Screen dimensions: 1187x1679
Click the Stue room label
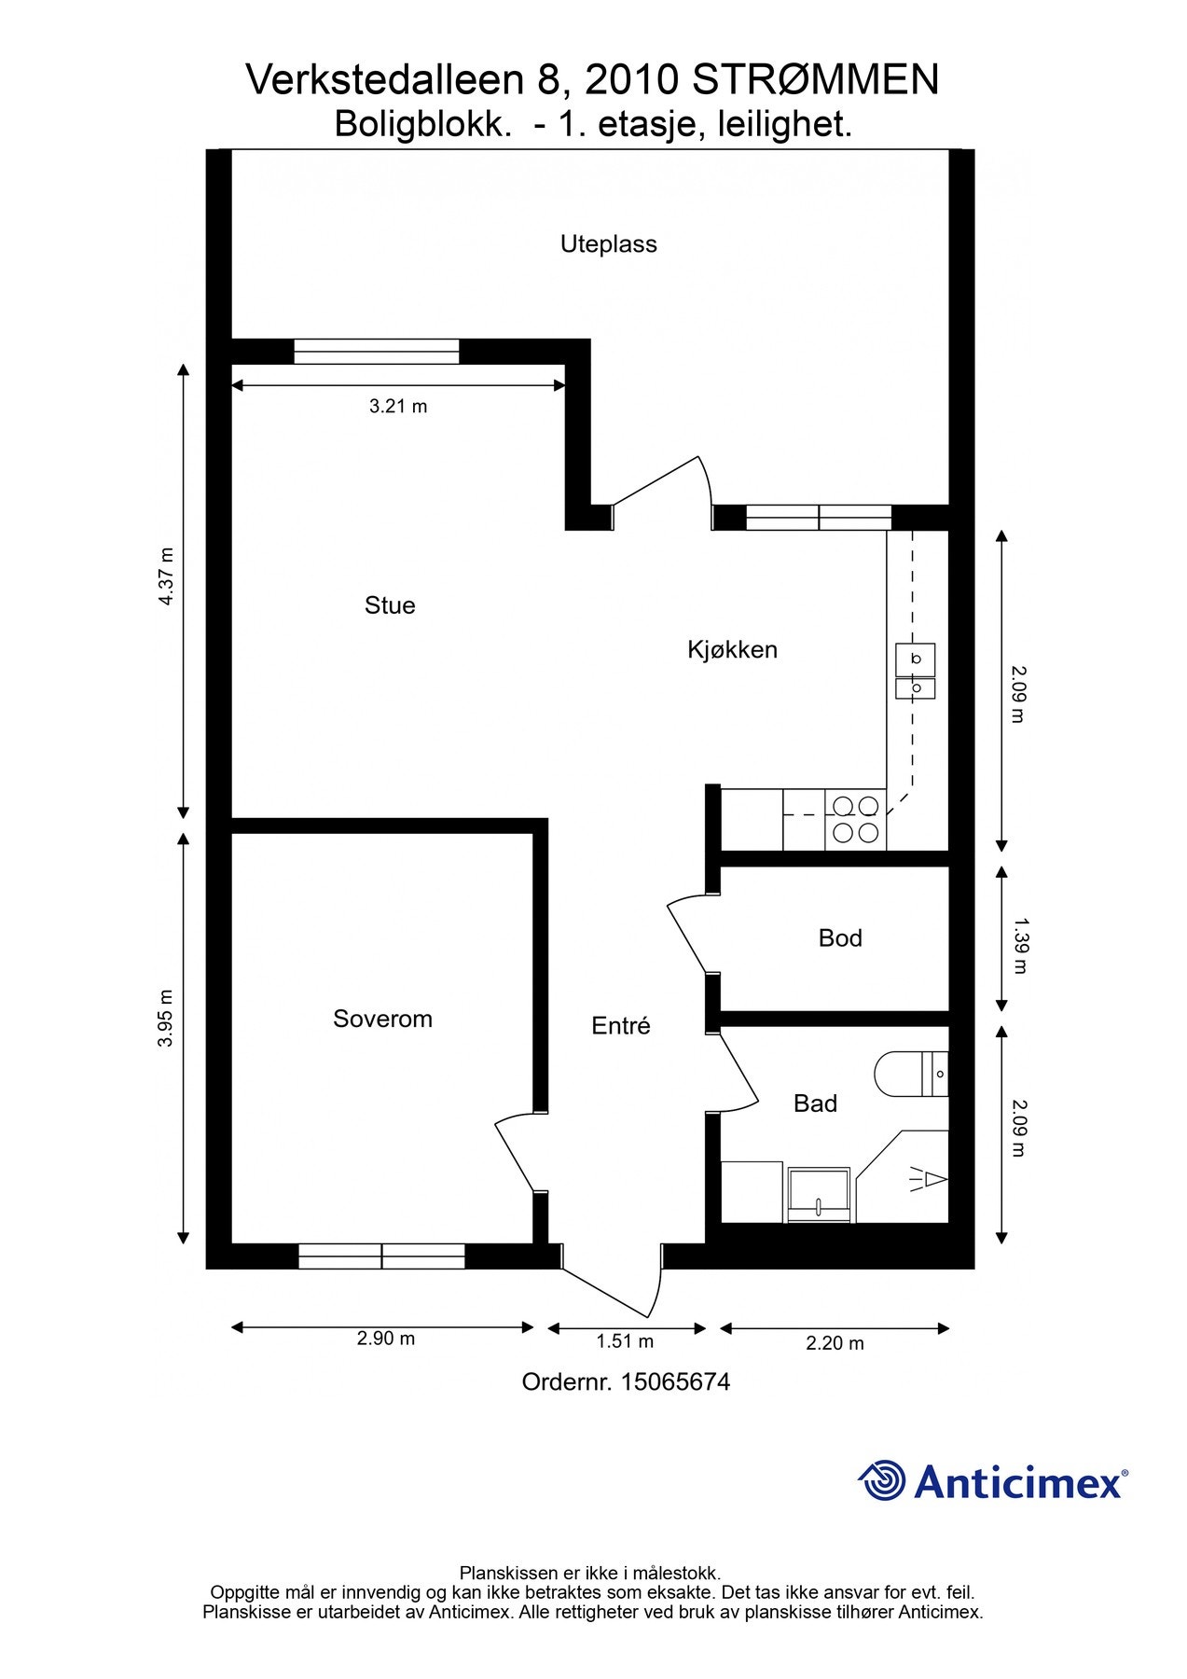(x=390, y=605)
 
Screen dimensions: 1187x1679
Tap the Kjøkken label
(x=732, y=649)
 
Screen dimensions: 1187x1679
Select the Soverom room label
(x=382, y=1019)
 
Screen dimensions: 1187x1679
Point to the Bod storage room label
(x=840, y=938)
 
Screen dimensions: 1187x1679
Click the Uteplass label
(x=608, y=244)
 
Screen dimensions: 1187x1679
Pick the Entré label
(x=620, y=1026)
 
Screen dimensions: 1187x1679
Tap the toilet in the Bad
(x=911, y=1074)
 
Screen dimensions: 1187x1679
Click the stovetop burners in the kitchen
(x=856, y=819)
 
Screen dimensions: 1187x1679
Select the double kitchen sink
(x=916, y=672)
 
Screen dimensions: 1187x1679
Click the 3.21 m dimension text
(x=398, y=407)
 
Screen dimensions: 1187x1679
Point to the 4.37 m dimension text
(x=166, y=576)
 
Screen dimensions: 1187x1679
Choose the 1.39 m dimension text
(x=1019, y=946)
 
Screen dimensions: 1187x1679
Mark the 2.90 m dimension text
(x=386, y=1339)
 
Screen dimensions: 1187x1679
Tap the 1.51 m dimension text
(x=625, y=1341)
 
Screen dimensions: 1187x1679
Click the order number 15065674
(x=675, y=1382)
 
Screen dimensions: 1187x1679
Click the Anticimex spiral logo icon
(x=882, y=1481)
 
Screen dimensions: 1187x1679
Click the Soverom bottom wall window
(x=381, y=1256)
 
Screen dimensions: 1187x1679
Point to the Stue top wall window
(x=377, y=352)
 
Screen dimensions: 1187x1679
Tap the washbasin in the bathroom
(x=819, y=1194)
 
